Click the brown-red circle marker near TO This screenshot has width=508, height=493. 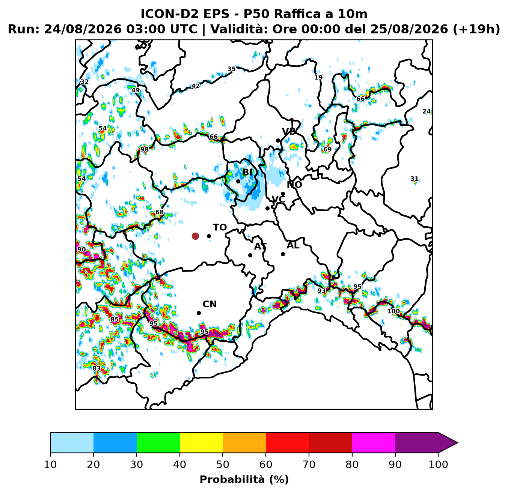(x=195, y=236)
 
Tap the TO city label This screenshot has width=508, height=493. (x=220, y=227)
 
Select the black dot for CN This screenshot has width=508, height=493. (x=199, y=313)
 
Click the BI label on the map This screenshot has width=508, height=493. (x=247, y=173)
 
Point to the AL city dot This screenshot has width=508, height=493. (x=283, y=254)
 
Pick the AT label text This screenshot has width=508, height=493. (x=260, y=246)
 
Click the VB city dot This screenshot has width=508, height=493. (x=278, y=141)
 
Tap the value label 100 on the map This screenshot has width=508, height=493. (x=393, y=311)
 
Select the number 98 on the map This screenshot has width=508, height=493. (x=144, y=149)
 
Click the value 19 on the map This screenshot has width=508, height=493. (x=318, y=77)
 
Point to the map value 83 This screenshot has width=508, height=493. (x=96, y=368)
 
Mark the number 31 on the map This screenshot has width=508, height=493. (x=414, y=179)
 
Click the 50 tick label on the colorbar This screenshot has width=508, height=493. (x=223, y=464)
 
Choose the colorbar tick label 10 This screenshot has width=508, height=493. (x=50, y=464)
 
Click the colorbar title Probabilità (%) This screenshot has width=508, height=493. (x=244, y=479)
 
